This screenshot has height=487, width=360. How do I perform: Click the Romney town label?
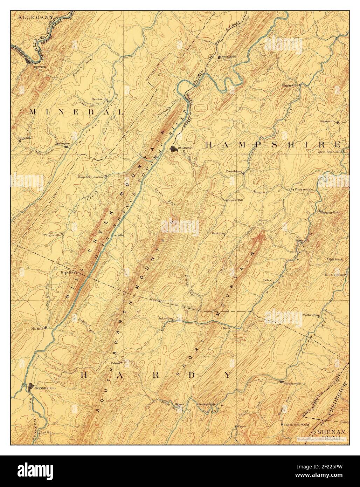(x=185, y=149)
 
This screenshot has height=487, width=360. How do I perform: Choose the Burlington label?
(x=63, y=143)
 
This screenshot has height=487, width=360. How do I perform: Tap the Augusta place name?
(x=261, y=192)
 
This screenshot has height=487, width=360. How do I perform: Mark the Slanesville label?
(x=327, y=122)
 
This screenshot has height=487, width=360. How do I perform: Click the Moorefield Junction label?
(x=91, y=177)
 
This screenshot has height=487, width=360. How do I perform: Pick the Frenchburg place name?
(x=234, y=172)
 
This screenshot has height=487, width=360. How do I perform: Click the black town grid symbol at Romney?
(x=173, y=149)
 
